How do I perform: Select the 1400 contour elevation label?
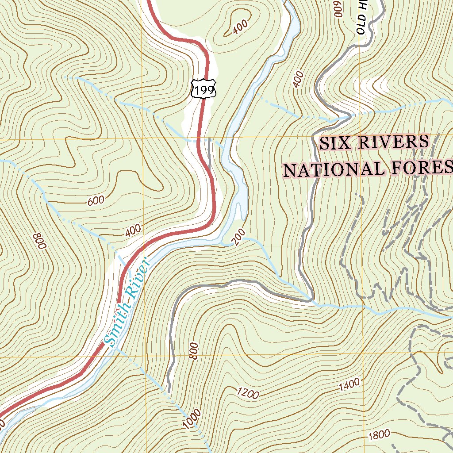click(349, 385)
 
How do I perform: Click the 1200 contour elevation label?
click(248, 393)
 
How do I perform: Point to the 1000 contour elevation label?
click(192, 418)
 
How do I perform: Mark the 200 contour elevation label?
click(238, 239)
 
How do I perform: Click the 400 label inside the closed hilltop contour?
click(240, 28)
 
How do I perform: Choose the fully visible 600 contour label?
click(96, 200)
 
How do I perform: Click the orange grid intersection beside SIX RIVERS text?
click(360, 137)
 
